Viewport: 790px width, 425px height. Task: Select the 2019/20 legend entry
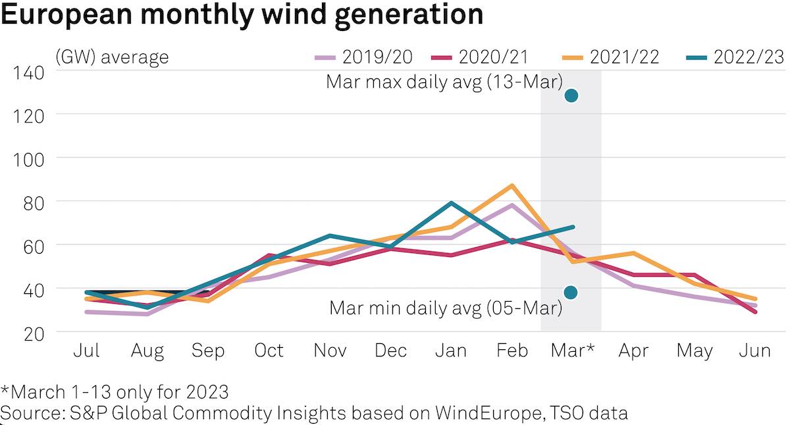pos(363,57)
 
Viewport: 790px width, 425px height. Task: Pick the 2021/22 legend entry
pos(611,57)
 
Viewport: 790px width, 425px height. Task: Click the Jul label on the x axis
pos(86,351)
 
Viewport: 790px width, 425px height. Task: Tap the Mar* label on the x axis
pos(571,351)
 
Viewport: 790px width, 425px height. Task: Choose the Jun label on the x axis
pos(754,351)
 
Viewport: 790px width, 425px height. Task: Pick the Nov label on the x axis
pos(329,351)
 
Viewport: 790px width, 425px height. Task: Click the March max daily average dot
pos(571,96)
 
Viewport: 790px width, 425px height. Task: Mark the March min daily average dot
pos(571,292)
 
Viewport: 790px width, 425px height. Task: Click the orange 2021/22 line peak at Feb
pos(512,186)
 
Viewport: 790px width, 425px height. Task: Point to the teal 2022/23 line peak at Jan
pos(451,203)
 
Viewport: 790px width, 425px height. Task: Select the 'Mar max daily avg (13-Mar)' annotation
pos(444,82)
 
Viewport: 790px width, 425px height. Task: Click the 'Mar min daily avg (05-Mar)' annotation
pos(445,308)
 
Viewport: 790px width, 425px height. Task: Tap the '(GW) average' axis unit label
pos(112,57)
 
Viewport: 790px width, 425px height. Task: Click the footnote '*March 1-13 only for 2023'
pos(115,393)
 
